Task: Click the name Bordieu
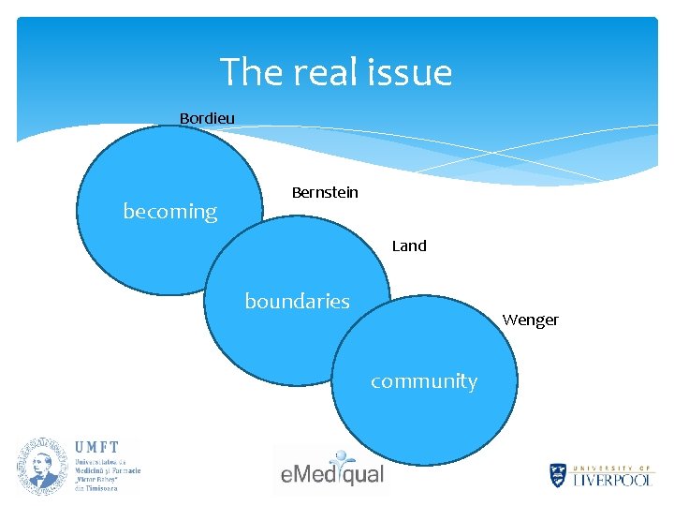(x=207, y=118)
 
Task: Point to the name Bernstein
(x=325, y=192)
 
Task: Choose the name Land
(x=409, y=246)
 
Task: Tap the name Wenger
(x=530, y=320)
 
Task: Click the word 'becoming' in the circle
(x=170, y=212)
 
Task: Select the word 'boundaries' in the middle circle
(x=297, y=302)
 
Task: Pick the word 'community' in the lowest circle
(x=424, y=381)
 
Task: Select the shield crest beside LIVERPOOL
(x=559, y=475)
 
